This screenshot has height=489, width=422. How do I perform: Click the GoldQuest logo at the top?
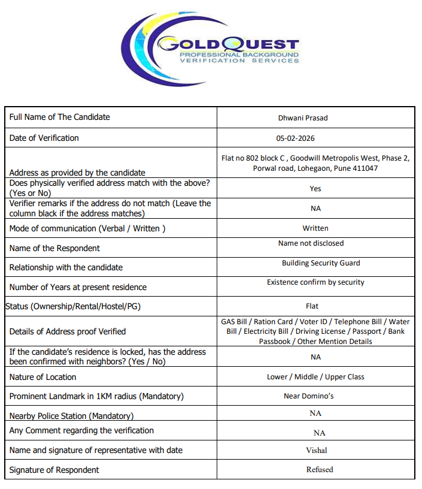click(x=211, y=47)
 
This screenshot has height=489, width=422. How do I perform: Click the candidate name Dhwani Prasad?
click(x=303, y=118)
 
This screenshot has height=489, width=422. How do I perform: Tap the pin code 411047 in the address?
click(x=365, y=168)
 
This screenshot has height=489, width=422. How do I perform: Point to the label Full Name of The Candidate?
click(x=59, y=117)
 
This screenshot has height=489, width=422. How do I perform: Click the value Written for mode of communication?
click(x=315, y=228)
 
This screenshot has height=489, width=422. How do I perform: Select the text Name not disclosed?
click(x=311, y=243)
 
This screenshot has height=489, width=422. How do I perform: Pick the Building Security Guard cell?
click(x=321, y=263)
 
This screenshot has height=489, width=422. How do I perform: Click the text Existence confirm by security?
click(x=315, y=282)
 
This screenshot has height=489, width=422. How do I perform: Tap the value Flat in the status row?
click(x=312, y=306)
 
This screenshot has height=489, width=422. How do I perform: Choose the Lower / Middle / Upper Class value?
click(x=315, y=377)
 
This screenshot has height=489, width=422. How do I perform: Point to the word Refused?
click(x=320, y=470)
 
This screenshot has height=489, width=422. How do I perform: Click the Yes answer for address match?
click(x=315, y=189)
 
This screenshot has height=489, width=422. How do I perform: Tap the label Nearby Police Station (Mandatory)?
click(x=71, y=416)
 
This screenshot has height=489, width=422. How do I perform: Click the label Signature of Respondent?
click(x=54, y=470)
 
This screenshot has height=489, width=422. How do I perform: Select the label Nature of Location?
click(x=42, y=377)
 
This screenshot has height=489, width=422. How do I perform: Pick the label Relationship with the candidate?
click(x=66, y=267)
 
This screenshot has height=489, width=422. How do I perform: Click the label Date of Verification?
click(x=44, y=138)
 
